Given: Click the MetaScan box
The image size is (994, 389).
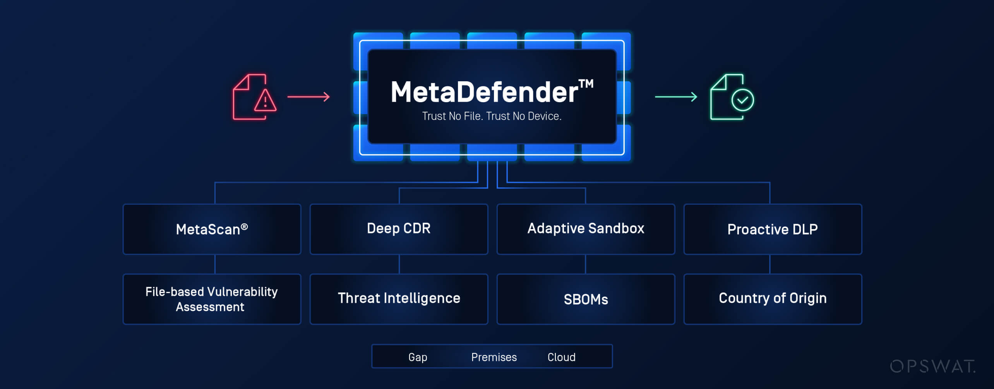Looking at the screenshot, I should tap(212, 229).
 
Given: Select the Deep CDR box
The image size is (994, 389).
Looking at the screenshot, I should tap(399, 229).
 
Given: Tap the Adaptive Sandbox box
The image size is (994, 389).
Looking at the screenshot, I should tap(586, 229).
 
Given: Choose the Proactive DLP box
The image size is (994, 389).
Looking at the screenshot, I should tap(773, 229).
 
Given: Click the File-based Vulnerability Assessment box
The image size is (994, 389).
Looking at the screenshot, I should tap(212, 299).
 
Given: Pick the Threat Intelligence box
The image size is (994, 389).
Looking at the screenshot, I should tap(399, 299).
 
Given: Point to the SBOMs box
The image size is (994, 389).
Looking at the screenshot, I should tap(586, 299).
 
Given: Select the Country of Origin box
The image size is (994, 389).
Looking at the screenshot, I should tap(773, 299).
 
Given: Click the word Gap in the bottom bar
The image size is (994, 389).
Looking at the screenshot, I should tap(418, 357).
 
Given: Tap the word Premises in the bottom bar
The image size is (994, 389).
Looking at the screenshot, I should tap(494, 357).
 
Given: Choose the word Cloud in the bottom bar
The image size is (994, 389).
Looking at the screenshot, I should tap(561, 357).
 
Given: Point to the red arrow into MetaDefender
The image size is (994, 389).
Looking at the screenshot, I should tap(308, 96).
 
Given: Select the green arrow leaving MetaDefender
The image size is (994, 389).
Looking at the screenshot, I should tap(676, 96).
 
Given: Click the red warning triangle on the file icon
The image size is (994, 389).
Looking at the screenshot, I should tap(265, 101).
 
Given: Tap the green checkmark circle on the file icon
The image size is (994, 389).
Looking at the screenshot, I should tap(742, 100).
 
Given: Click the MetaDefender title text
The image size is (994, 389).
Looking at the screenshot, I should tap(484, 92).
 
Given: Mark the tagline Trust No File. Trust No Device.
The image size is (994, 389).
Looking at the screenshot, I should tap(492, 116).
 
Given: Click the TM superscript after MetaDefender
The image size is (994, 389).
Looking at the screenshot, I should tap(586, 84).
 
